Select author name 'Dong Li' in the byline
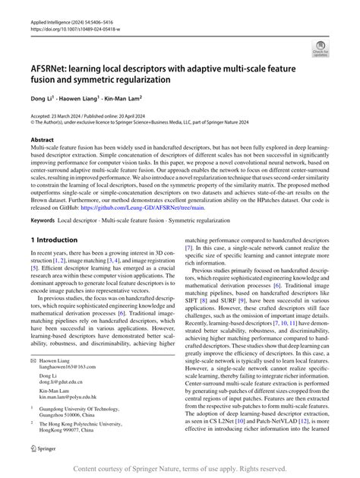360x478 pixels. tap(39, 97)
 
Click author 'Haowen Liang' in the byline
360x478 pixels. tap(81, 97)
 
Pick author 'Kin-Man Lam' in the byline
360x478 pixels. tap(128, 97)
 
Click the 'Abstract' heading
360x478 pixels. tap(42, 139)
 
